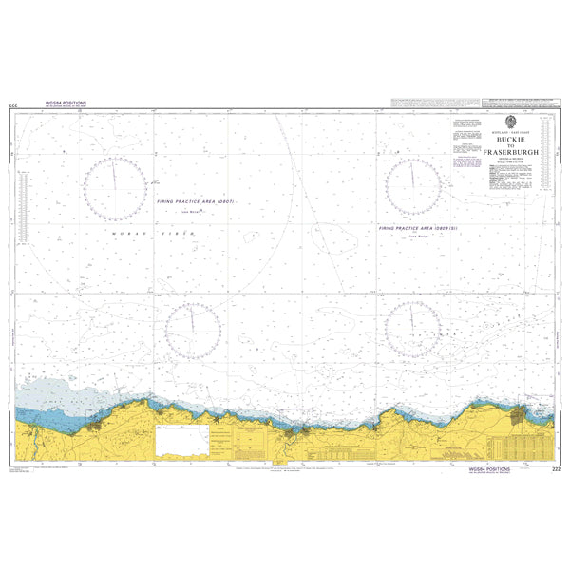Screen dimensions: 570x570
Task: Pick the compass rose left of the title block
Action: tap(412, 175)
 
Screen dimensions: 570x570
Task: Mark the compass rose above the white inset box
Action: tap(193, 329)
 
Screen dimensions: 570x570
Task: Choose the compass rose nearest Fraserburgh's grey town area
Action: tap(412, 329)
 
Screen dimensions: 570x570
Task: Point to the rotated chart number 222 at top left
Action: tap(11, 104)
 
